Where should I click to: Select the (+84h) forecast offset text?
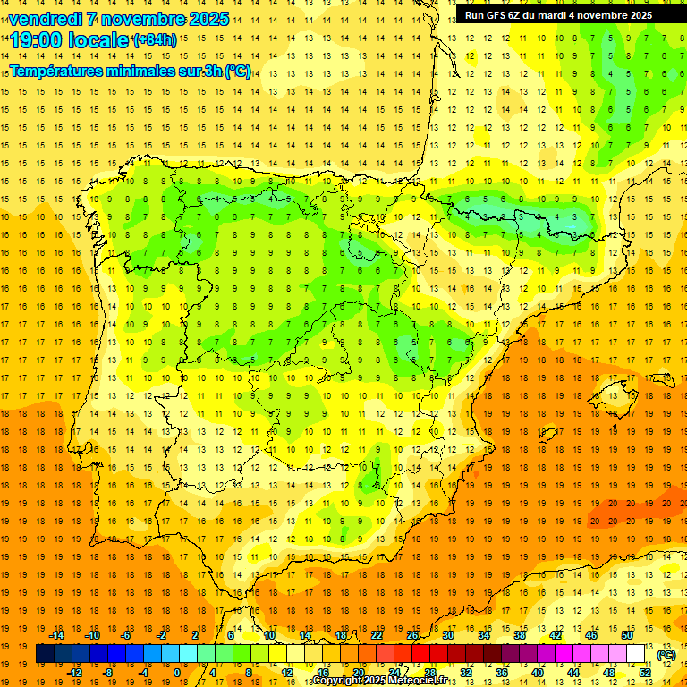[x=155, y=39]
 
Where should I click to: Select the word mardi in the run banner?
[x=578, y=15]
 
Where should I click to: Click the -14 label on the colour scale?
[x=56, y=635]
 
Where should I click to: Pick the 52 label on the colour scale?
[x=646, y=673]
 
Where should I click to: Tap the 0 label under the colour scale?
[x=177, y=673]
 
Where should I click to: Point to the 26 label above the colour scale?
[x=412, y=635]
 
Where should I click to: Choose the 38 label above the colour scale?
[x=519, y=635]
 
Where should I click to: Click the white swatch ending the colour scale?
[x=636, y=654]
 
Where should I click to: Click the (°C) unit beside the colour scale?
[x=666, y=655]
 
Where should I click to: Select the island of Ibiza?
[x=547, y=434]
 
